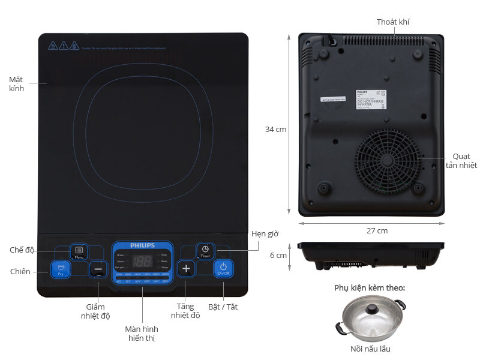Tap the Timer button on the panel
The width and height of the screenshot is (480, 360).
(x=205, y=251)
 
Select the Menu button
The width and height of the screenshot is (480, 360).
(x=79, y=251)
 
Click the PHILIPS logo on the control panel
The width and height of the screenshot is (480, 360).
(x=143, y=245)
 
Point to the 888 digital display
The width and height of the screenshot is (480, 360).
(x=142, y=262)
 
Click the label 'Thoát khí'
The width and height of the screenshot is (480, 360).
(x=393, y=22)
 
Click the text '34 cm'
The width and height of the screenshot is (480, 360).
(x=276, y=129)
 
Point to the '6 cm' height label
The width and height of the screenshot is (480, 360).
(x=278, y=255)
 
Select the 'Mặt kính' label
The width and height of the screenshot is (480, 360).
(x=17, y=83)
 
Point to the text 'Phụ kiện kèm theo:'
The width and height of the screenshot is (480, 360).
(x=370, y=288)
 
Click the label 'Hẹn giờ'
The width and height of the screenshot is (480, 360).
(x=265, y=233)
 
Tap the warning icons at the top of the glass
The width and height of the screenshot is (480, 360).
(x=63, y=45)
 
